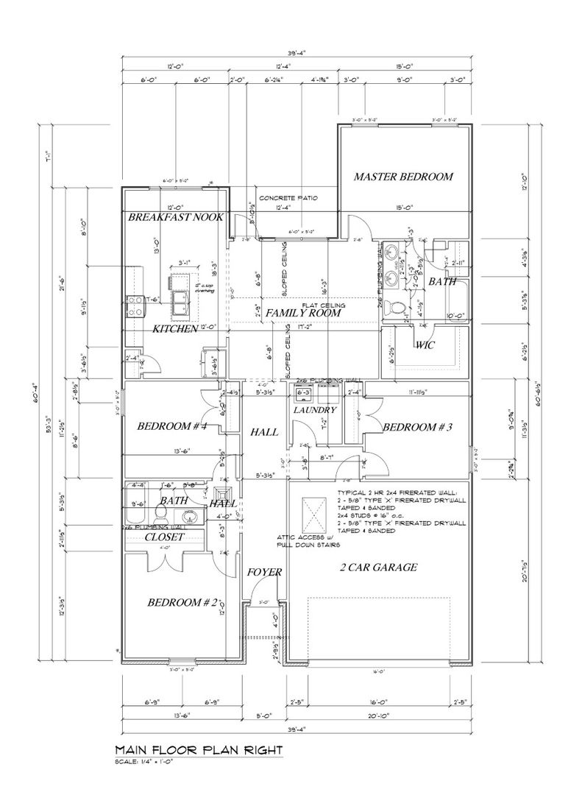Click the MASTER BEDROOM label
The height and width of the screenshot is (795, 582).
(402, 177)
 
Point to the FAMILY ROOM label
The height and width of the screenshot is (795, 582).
(303, 313)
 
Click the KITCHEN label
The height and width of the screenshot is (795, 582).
(175, 329)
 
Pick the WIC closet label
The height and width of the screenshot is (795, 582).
(426, 344)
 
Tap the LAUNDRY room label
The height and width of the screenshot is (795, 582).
(314, 409)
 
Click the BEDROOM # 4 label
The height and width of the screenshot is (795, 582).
(171, 426)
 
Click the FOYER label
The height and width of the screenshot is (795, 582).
(260, 572)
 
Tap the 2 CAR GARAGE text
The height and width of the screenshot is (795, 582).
(378, 567)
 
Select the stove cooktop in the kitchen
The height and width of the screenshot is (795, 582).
(135, 305)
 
